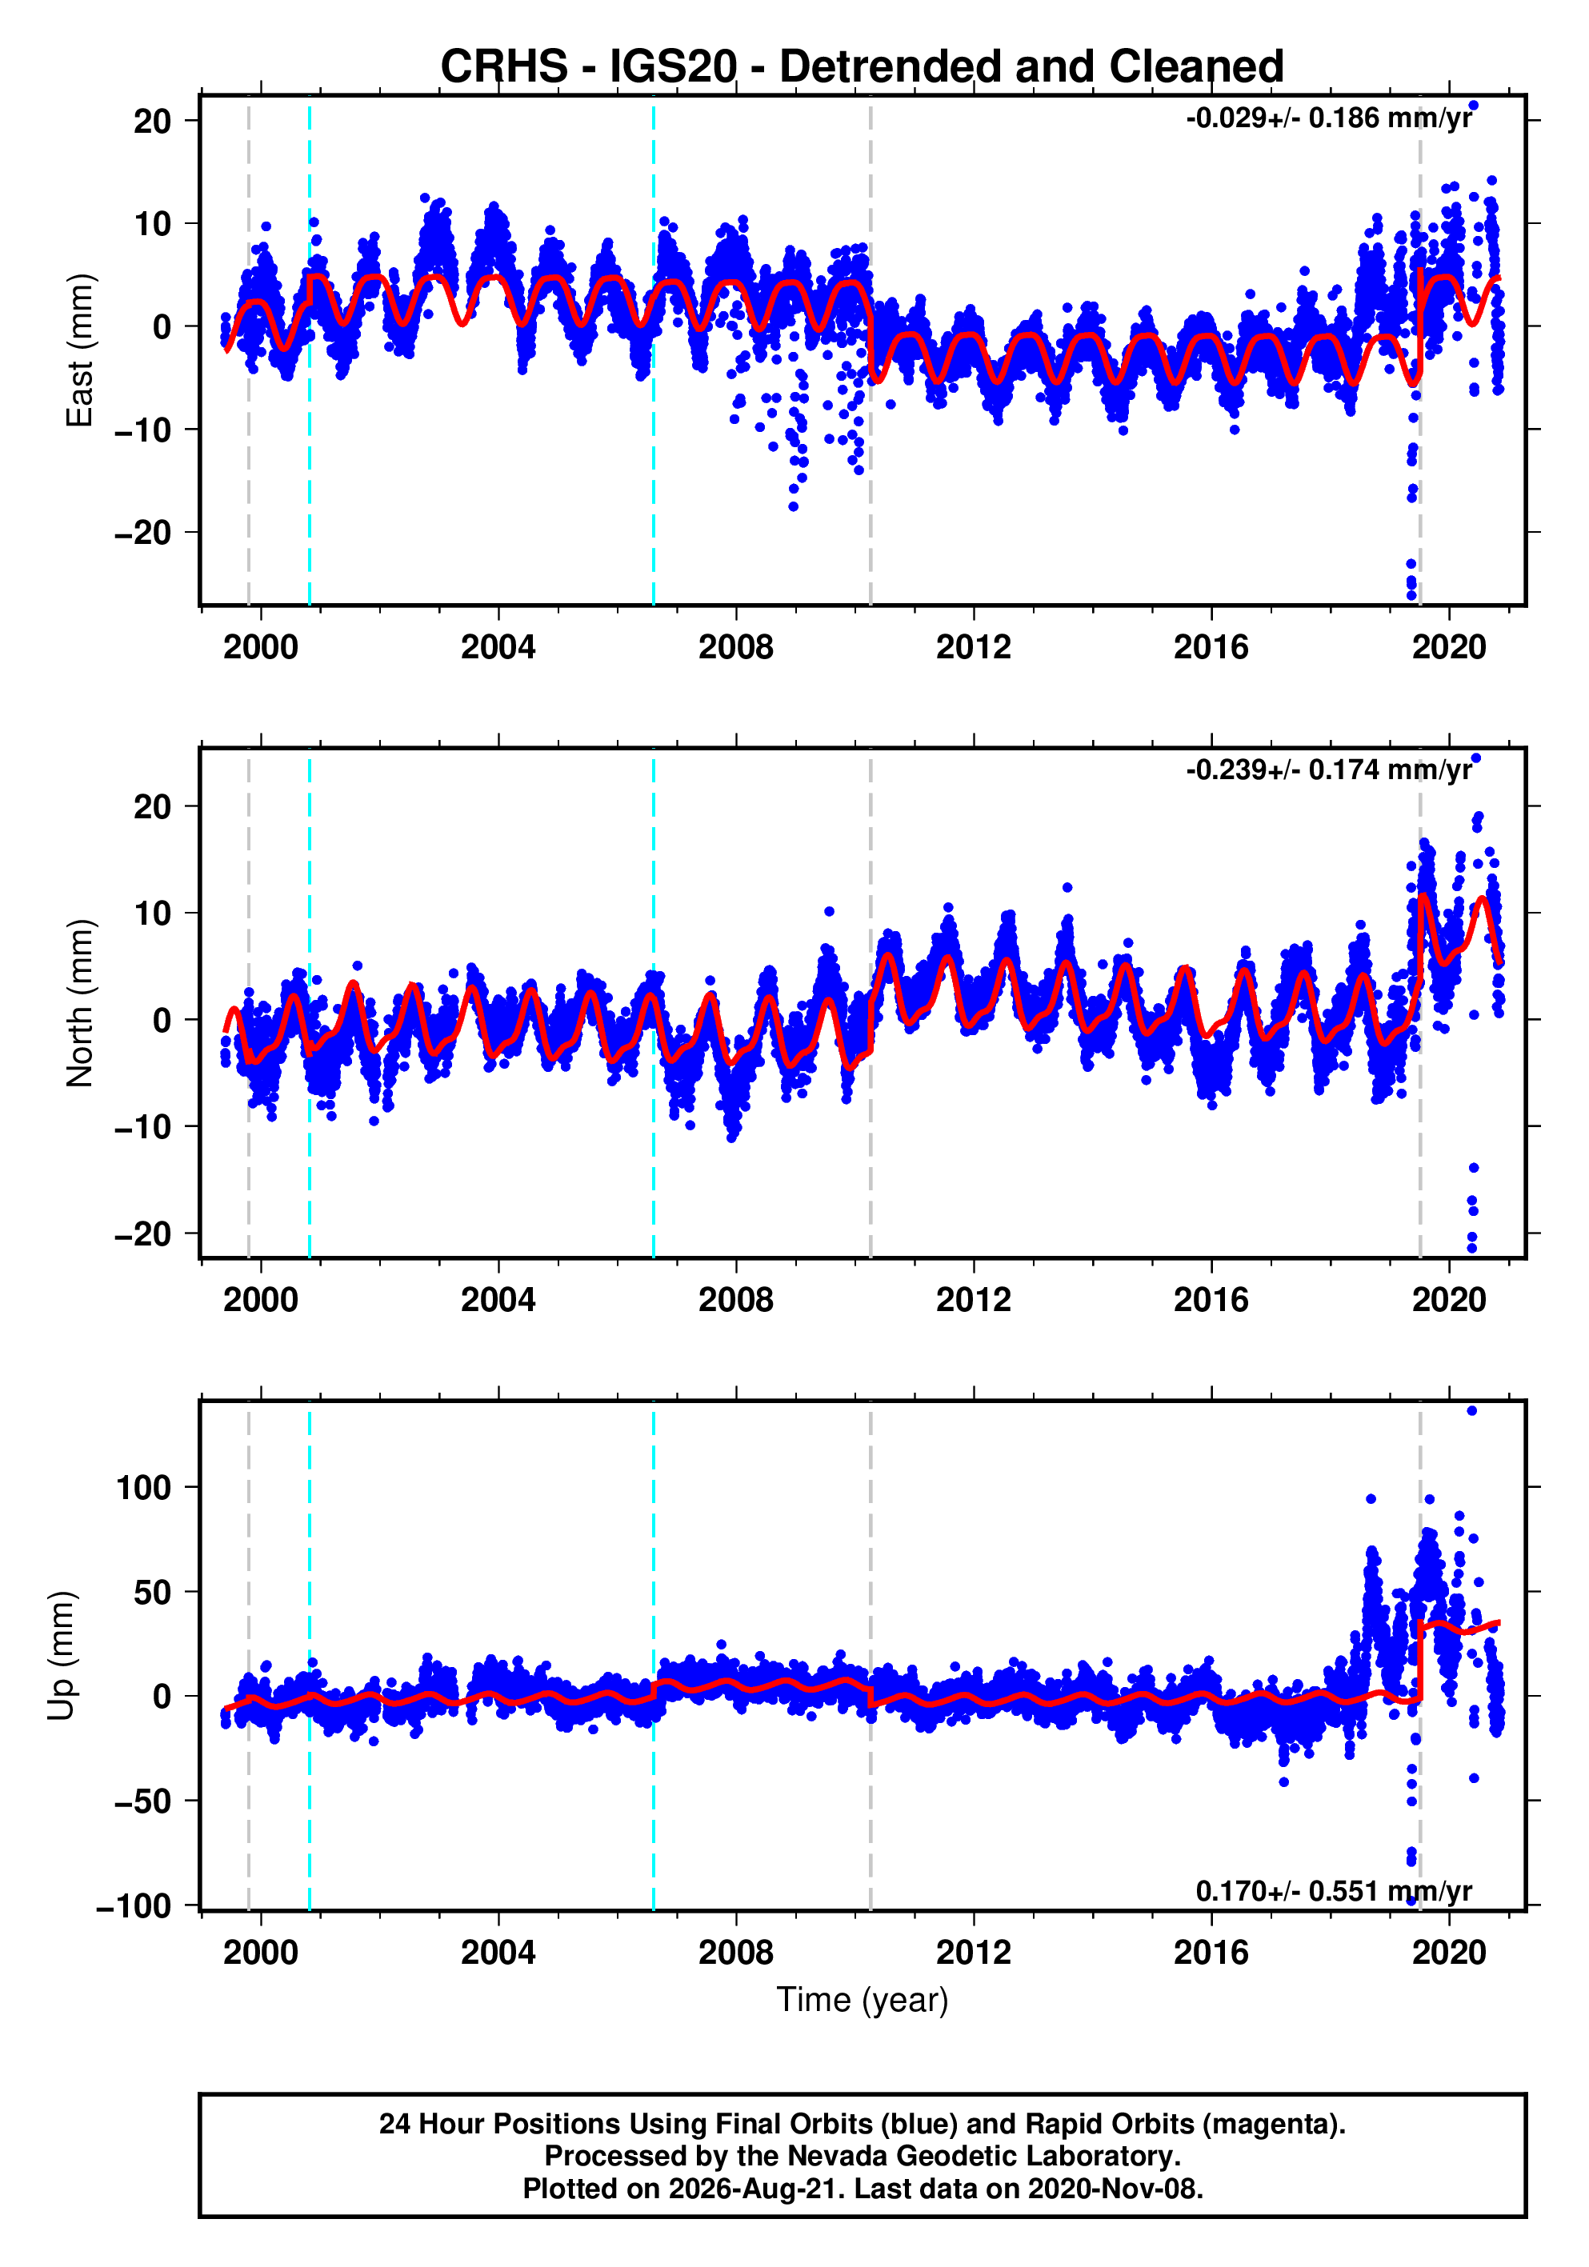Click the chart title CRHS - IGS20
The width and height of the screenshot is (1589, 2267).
(589, 67)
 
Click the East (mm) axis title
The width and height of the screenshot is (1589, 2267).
(79, 350)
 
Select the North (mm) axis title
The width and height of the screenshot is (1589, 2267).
(79, 1003)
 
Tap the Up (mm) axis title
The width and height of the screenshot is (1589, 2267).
(62, 1656)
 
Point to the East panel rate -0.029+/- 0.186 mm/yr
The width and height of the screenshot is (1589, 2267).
(1329, 118)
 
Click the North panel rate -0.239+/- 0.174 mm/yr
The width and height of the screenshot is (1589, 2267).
(1329, 770)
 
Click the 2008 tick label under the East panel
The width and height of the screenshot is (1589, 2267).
(736, 648)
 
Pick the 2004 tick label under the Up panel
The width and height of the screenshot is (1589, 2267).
(498, 1953)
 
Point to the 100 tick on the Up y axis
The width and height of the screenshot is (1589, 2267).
(144, 1488)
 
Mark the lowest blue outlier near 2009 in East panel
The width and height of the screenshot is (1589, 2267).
(793, 506)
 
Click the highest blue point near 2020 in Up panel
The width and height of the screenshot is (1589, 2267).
(1471, 1411)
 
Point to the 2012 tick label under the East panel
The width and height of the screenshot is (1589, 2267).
(974, 648)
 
